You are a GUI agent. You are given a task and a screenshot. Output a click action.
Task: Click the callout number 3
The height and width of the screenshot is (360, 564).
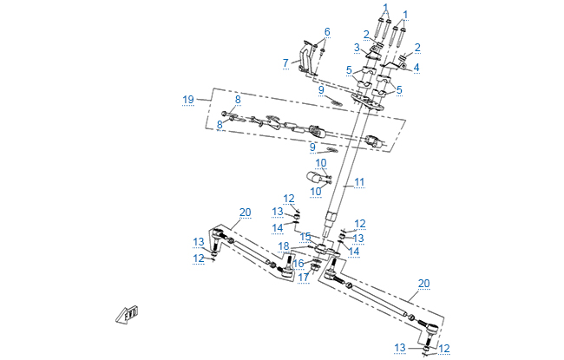356,47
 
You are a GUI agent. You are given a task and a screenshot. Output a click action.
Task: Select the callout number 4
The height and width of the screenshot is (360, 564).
416,66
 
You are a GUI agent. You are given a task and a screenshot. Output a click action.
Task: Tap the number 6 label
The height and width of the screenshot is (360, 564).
327,32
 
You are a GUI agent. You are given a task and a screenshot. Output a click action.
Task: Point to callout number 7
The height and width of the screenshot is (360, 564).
285,62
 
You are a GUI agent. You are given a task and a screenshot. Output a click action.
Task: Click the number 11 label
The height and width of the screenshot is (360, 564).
359,182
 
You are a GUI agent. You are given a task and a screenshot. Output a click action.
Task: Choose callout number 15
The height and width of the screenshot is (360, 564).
305,236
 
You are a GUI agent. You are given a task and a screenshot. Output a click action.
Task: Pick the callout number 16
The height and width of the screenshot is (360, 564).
298,264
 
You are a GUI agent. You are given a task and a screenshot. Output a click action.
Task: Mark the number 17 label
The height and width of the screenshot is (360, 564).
305,278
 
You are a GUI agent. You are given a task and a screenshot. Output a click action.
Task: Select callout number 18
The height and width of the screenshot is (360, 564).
284,246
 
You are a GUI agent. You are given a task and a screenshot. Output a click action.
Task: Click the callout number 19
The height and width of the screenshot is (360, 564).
188,100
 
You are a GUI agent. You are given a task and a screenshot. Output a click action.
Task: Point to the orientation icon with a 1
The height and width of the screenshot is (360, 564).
128,314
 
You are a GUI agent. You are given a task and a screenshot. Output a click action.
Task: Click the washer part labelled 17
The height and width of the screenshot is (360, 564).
304,267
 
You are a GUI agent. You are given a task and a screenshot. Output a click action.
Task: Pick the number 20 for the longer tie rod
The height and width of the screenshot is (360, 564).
423,283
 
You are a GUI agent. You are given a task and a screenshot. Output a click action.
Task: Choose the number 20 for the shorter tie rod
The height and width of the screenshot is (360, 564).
245,212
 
